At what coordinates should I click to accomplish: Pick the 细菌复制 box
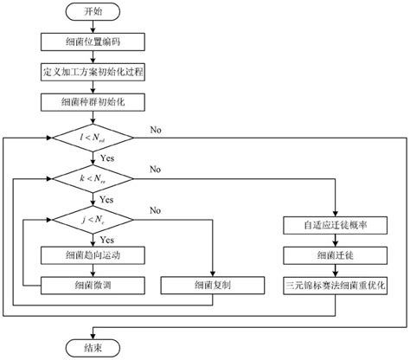click(x=211, y=284)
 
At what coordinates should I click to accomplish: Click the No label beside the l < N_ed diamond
click(x=156, y=130)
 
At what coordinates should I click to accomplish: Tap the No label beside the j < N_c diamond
click(x=156, y=209)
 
